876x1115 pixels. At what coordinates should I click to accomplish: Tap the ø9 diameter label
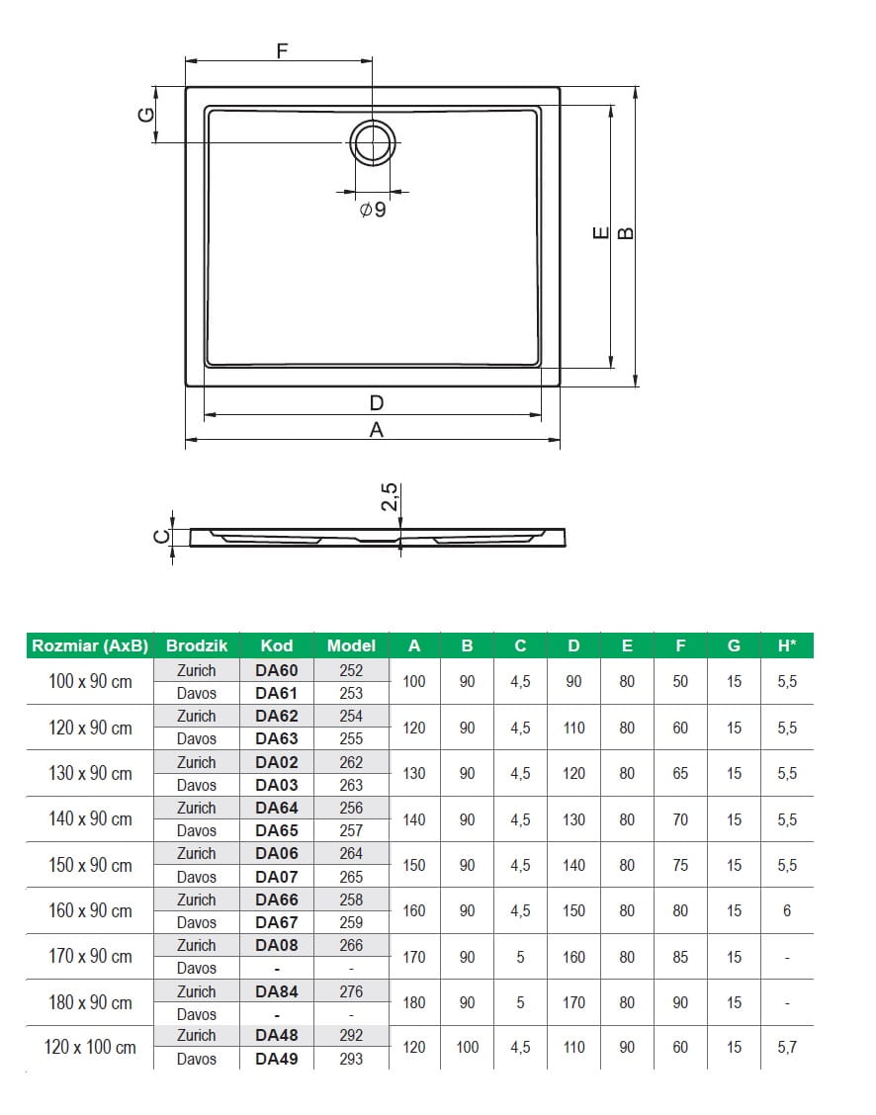point(373,210)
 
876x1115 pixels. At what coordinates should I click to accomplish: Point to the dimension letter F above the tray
point(282,51)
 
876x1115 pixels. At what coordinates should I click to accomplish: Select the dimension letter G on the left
point(145,115)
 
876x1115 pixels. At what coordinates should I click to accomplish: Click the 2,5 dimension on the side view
point(389,497)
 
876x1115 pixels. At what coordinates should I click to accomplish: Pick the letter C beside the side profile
point(162,536)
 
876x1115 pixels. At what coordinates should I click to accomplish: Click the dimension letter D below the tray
point(377,403)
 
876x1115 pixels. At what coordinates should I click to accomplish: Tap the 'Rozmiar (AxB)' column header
point(90,645)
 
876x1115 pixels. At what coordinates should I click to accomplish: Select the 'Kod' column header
point(277,645)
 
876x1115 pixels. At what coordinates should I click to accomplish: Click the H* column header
point(787,645)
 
